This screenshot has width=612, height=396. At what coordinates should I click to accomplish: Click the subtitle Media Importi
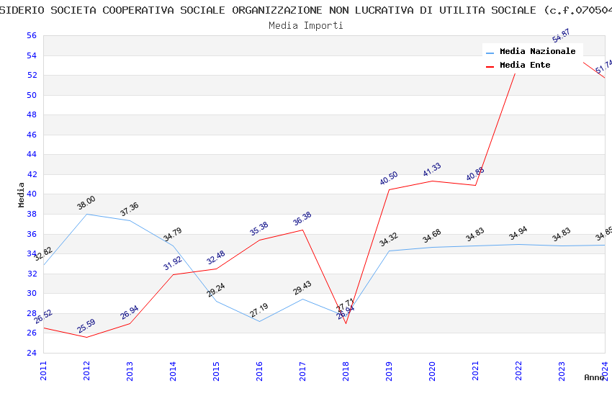[306, 25]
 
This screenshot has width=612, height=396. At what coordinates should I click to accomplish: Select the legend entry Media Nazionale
[537, 52]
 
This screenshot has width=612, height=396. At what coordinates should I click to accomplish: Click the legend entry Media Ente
[525, 66]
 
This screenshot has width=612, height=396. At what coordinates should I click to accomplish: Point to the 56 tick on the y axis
[31, 35]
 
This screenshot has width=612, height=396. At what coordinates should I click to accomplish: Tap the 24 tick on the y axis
[31, 353]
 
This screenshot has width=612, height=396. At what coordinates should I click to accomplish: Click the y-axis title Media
[22, 194]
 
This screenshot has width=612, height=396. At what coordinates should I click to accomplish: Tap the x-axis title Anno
[594, 377]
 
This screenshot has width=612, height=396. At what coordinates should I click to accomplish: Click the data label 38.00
[86, 203]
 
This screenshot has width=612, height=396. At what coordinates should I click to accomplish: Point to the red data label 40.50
[389, 179]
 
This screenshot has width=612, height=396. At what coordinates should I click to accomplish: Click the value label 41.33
[432, 170]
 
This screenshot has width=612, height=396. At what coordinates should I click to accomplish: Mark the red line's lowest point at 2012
[86, 337]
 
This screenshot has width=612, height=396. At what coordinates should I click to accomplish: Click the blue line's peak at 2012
[86, 214]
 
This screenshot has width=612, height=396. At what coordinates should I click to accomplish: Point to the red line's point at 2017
[302, 230]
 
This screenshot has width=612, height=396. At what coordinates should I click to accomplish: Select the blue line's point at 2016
[259, 321]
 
